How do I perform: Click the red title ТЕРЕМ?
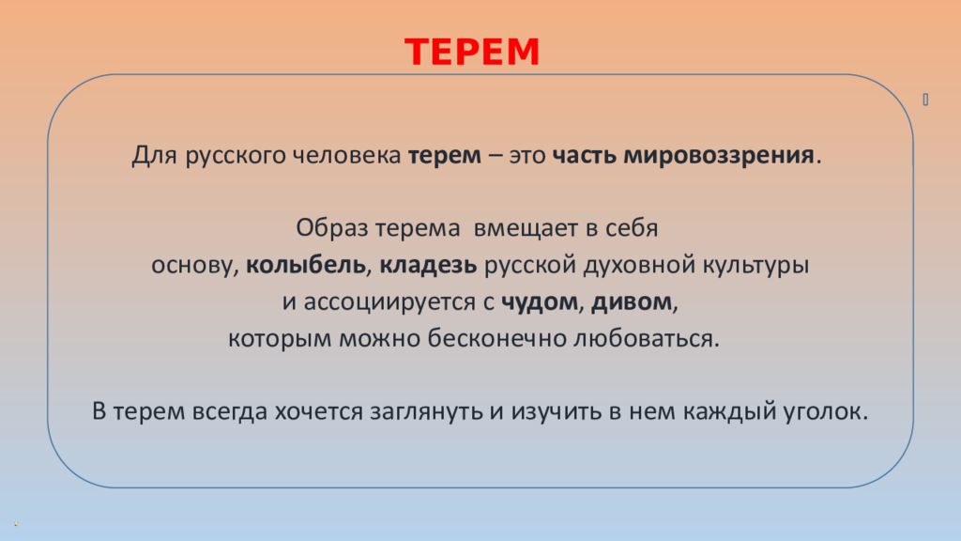coord(472,52)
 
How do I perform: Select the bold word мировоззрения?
coord(718,156)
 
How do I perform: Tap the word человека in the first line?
coord(346,155)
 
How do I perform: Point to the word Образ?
coord(332,227)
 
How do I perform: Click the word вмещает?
coord(526,228)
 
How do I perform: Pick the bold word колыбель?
coord(306,264)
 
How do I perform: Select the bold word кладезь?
coord(428,264)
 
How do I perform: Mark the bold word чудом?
coord(540,302)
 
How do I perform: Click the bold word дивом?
coord(632,301)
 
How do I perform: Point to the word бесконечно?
coord(496,338)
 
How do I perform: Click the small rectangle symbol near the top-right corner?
coord(925,100)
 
